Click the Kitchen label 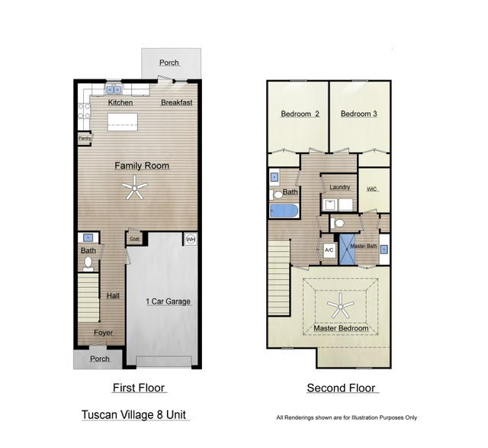click(120, 102)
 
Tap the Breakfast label click(176, 102)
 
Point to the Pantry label click(85, 138)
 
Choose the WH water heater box click(191, 240)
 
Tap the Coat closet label click(134, 239)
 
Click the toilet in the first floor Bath click(88, 263)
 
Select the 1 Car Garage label click(168, 301)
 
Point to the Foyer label click(103, 333)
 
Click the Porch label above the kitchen click(170, 63)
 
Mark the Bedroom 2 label click(300, 114)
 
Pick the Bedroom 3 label click(359, 114)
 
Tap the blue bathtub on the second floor click(284, 211)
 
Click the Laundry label click(339, 186)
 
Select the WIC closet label click(372, 189)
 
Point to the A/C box click(329, 250)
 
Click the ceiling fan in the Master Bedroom click(341, 308)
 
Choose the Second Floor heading click(342, 388)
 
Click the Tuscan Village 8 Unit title click(135, 415)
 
